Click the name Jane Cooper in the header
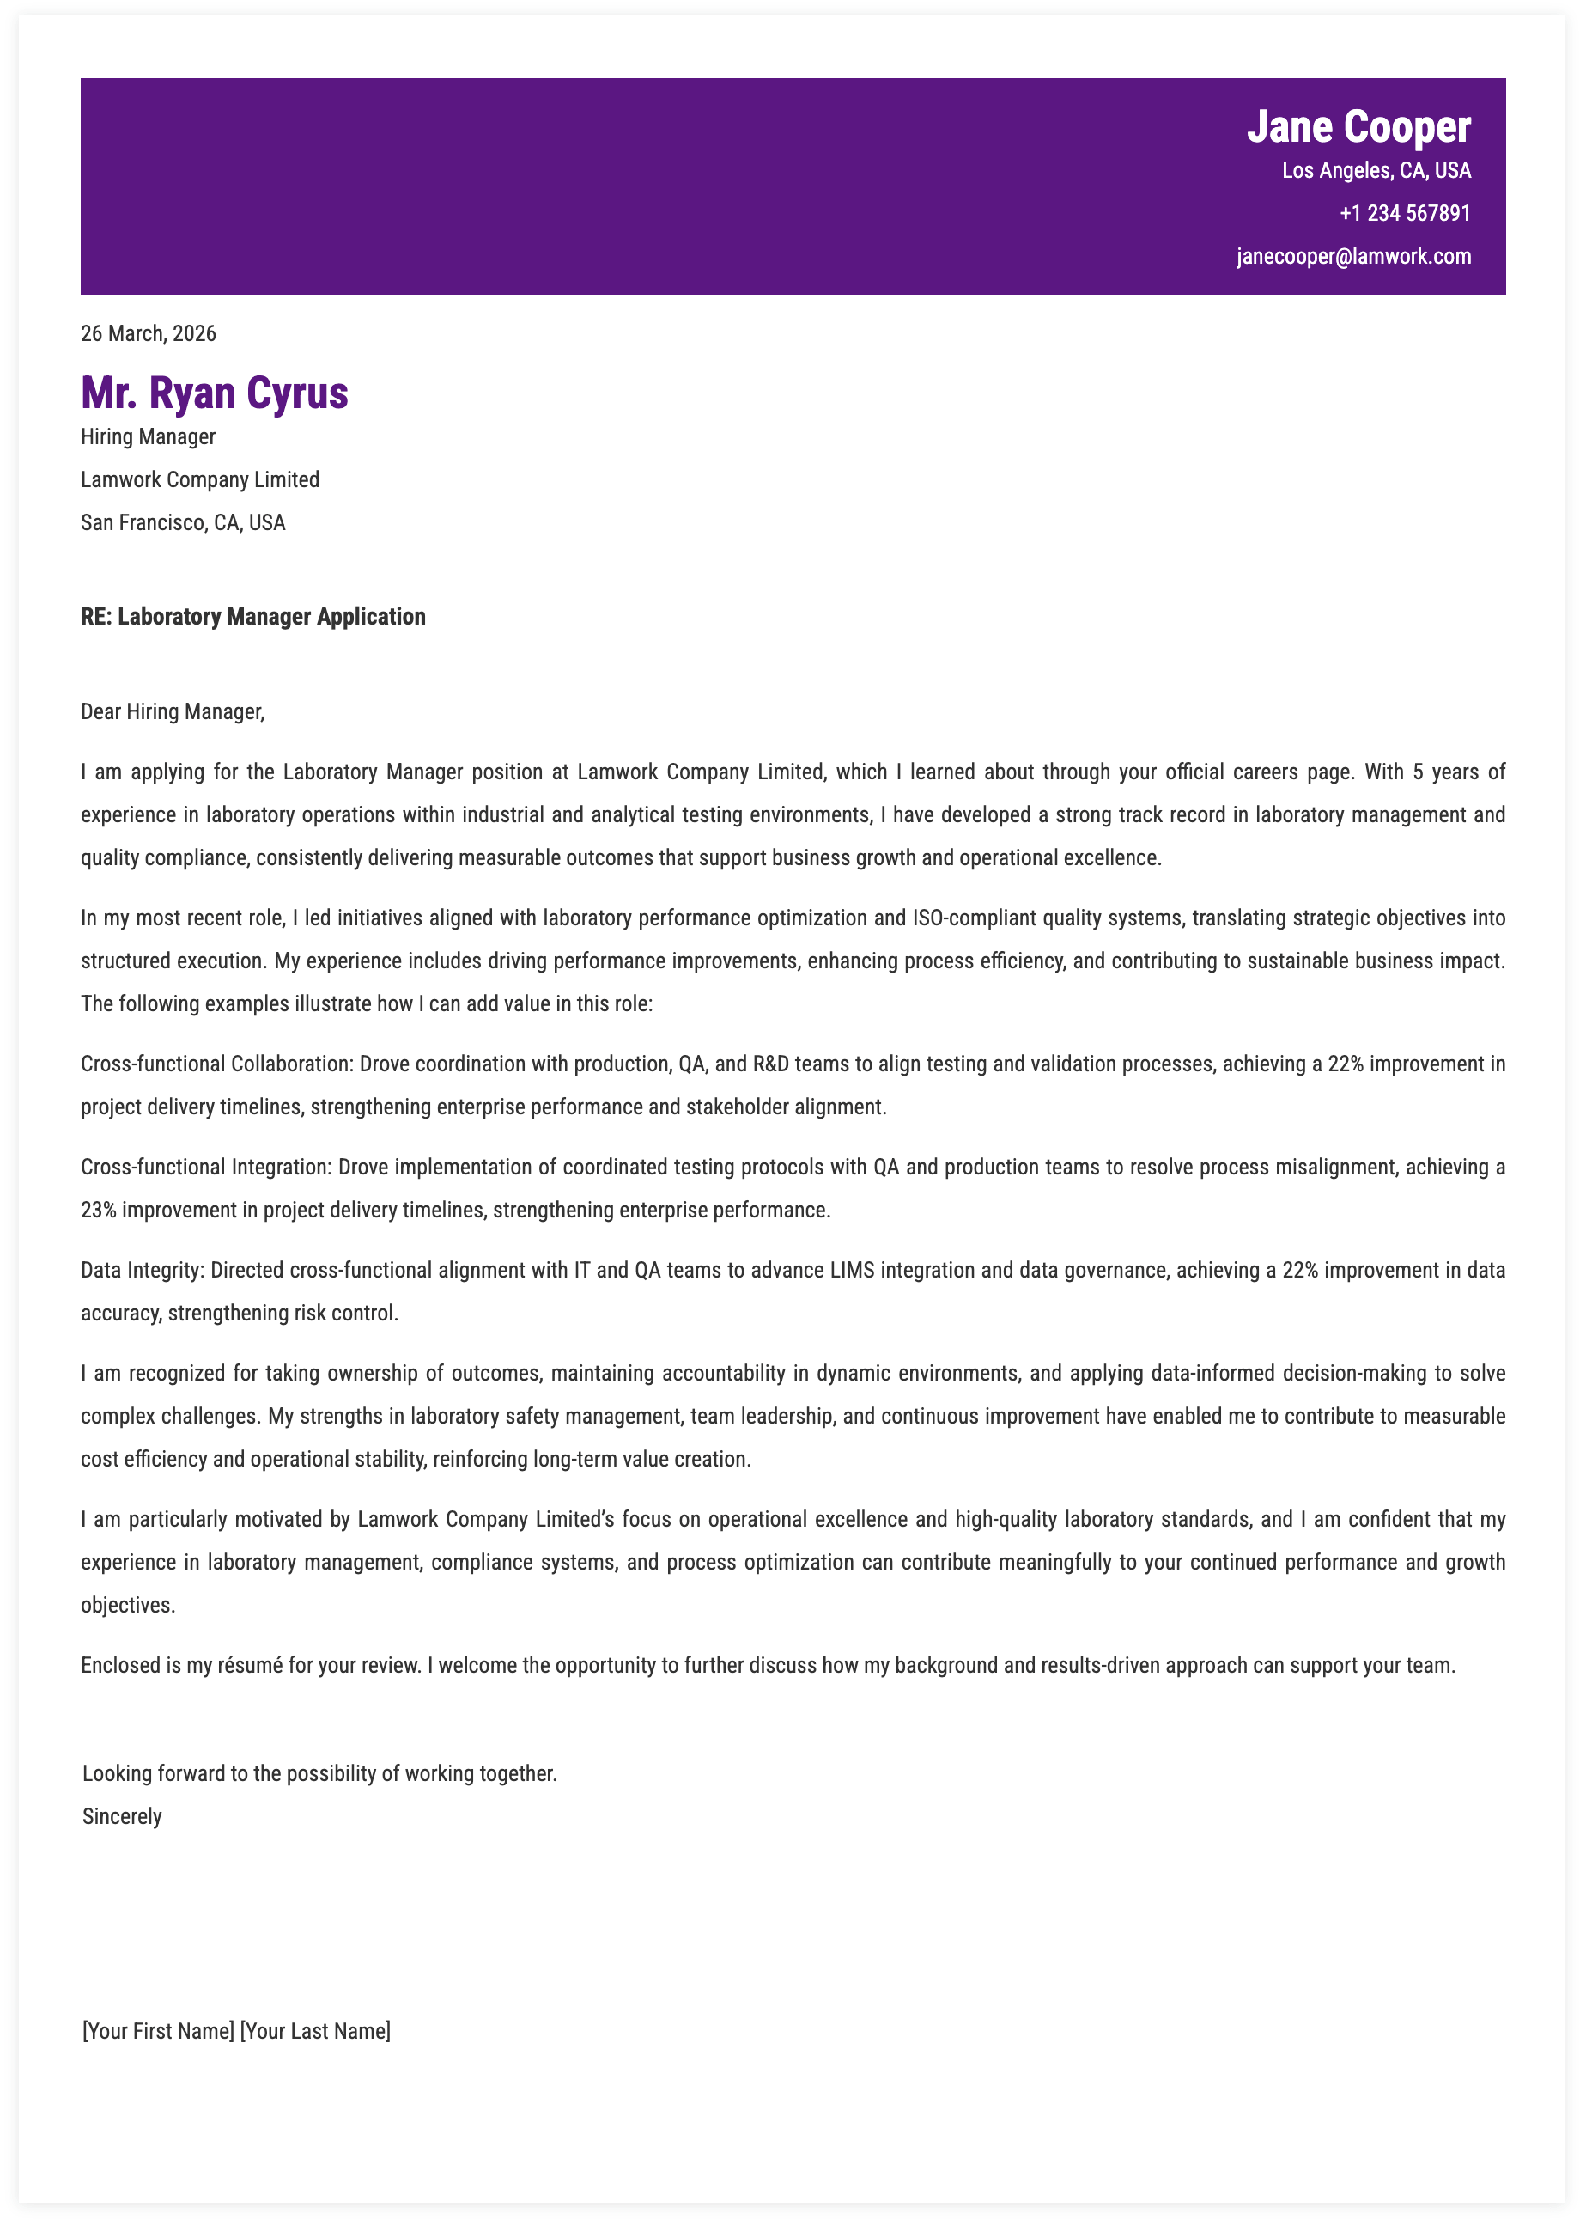point(1358,127)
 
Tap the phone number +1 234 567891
point(1405,213)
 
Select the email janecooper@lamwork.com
point(1353,256)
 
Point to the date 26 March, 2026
point(148,334)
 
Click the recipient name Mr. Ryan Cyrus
point(214,393)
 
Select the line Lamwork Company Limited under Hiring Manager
point(199,479)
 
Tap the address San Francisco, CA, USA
point(183,522)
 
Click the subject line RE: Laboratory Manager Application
point(253,617)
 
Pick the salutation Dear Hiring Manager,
point(173,711)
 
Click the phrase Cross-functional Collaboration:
point(216,1064)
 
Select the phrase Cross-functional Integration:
point(205,1167)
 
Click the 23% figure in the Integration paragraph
point(97,1210)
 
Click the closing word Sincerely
point(122,1816)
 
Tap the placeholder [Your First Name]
point(158,2031)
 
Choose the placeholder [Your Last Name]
point(315,2031)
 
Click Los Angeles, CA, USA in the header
point(1376,170)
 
